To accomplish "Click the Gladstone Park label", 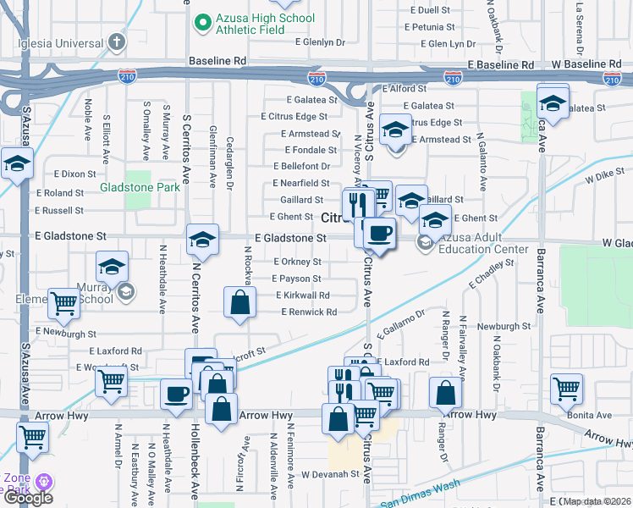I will (140, 187).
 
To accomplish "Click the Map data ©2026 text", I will (597, 501).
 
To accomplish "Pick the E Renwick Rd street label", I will (309, 312).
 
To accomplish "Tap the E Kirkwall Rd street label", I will (303, 295).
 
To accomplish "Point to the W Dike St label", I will (603, 179).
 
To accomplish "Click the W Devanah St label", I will (331, 474).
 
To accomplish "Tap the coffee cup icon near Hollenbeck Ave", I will (177, 393).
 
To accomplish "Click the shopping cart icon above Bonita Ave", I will (566, 388).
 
